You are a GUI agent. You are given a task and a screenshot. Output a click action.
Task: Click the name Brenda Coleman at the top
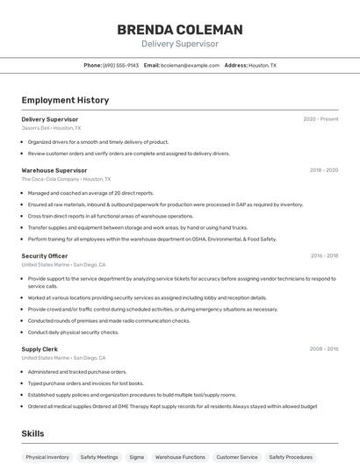(x=180, y=29)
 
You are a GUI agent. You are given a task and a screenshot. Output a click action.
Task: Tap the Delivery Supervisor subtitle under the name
(x=180, y=44)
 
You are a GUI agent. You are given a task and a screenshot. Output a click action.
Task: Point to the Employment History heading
(x=65, y=100)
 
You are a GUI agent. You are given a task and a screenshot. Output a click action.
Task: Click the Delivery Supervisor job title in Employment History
(x=49, y=119)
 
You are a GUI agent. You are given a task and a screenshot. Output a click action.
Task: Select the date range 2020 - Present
(x=320, y=119)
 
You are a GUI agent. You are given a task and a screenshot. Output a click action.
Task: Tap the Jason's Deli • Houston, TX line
(x=51, y=128)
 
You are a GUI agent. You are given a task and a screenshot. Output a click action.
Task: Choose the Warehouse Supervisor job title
(x=54, y=170)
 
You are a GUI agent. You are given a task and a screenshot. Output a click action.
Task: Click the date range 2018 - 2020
(x=323, y=170)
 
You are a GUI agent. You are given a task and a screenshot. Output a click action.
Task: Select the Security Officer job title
(x=44, y=256)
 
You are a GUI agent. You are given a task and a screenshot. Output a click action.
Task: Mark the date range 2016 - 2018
(x=324, y=256)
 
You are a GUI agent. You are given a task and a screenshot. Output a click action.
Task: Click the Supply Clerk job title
(x=40, y=349)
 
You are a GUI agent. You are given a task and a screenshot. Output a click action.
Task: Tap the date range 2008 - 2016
(x=323, y=349)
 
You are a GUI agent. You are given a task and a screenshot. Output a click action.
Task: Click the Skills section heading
(x=32, y=433)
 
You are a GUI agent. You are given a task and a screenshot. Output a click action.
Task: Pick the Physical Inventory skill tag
(x=47, y=457)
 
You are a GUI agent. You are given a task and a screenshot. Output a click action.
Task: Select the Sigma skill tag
(x=136, y=457)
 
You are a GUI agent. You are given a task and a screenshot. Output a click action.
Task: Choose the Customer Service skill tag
(x=237, y=457)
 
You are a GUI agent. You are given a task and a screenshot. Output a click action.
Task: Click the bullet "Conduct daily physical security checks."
(x=73, y=333)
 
